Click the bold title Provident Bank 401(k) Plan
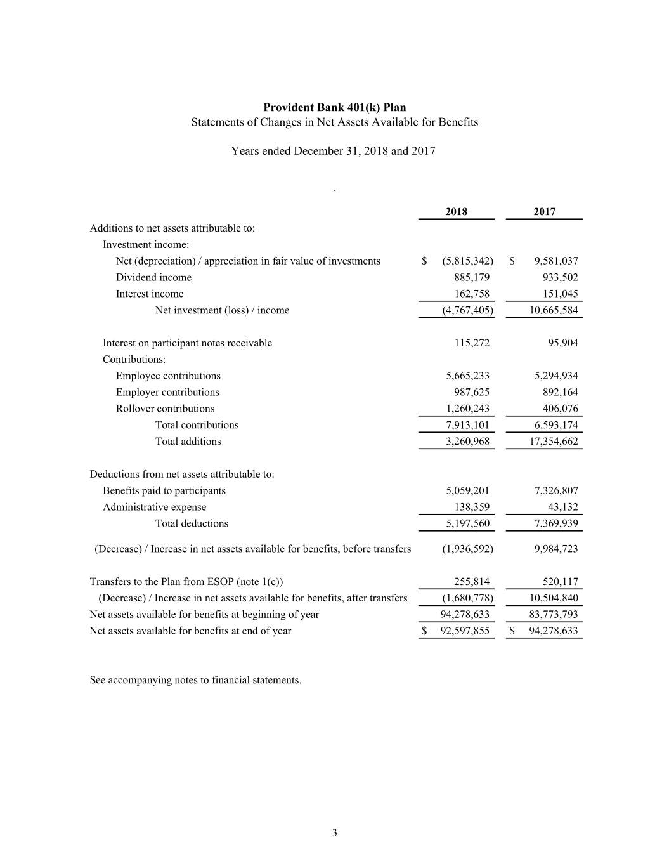[334, 107]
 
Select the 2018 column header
[456, 212]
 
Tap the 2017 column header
[544, 212]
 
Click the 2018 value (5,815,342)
[467, 261]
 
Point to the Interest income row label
[150, 294]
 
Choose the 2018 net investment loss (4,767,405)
[467, 310]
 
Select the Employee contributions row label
[168, 376]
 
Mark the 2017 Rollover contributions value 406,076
[556, 409]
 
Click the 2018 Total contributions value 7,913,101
[467, 425]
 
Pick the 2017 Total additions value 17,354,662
[554, 442]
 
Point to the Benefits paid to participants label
[164, 490]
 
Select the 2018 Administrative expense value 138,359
[472, 507]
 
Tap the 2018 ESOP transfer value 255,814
[472, 582]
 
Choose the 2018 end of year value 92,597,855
[465, 631]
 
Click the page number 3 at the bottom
[335, 833]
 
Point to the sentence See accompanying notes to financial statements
[195, 680]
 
